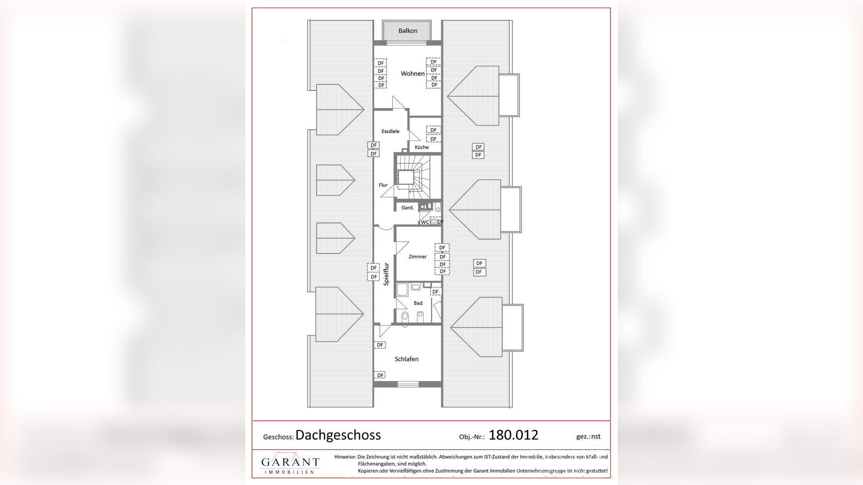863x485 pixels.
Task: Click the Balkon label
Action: click(x=408, y=31)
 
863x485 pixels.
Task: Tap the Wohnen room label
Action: click(x=413, y=74)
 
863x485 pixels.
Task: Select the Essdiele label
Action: click(x=390, y=131)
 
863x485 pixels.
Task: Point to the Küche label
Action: click(x=421, y=147)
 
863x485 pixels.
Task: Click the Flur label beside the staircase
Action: click(x=383, y=185)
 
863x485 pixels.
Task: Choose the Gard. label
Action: click(x=407, y=208)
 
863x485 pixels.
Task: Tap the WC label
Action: click(x=424, y=222)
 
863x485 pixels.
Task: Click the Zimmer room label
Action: click(x=417, y=257)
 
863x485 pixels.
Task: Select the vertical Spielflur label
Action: click(x=386, y=274)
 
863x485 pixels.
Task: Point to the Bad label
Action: click(x=418, y=303)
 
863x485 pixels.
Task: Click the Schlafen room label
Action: click(x=406, y=359)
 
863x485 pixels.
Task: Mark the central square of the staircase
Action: click(x=406, y=177)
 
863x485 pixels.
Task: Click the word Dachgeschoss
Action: click(x=338, y=435)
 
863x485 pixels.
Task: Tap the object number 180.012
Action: click(x=513, y=435)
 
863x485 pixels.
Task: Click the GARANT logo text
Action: click(x=290, y=462)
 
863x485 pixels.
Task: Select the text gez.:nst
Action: click(x=588, y=436)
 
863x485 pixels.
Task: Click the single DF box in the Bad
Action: click(x=435, y=292)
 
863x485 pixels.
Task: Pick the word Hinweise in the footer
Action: click(x=345, y=457)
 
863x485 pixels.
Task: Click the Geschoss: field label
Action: click(x=278, y=437)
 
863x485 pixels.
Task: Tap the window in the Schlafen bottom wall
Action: click(x=408, y=384)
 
